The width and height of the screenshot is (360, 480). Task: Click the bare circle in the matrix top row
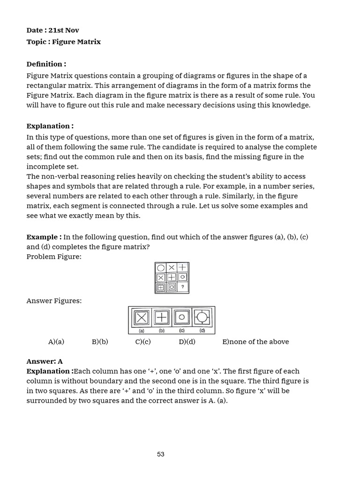(x=161, y=268)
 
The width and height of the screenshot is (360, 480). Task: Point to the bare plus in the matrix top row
(x=183, y=267)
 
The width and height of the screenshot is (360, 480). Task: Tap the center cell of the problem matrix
(x=172, y=277)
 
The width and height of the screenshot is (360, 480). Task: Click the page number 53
(x=161, y=454)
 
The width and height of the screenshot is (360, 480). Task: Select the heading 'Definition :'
(x=46, y=64)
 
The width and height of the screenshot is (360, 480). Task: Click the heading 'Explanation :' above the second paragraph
(x=50, y=126)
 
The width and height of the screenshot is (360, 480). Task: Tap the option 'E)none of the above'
(x=255, y=342)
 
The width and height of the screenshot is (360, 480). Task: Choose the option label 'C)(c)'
(x=143, y=342)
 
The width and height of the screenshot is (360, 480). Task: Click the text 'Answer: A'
(x=45, y=361)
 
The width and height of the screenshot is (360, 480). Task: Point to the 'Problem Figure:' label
(x=54, y=257)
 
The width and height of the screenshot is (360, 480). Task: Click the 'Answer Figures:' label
(x=54, y=301)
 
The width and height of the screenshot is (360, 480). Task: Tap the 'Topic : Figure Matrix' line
(x=63, y=42)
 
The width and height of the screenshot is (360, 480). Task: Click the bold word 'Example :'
(x=44, y=237)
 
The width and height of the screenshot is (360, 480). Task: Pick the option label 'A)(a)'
(x=56, y=342)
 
